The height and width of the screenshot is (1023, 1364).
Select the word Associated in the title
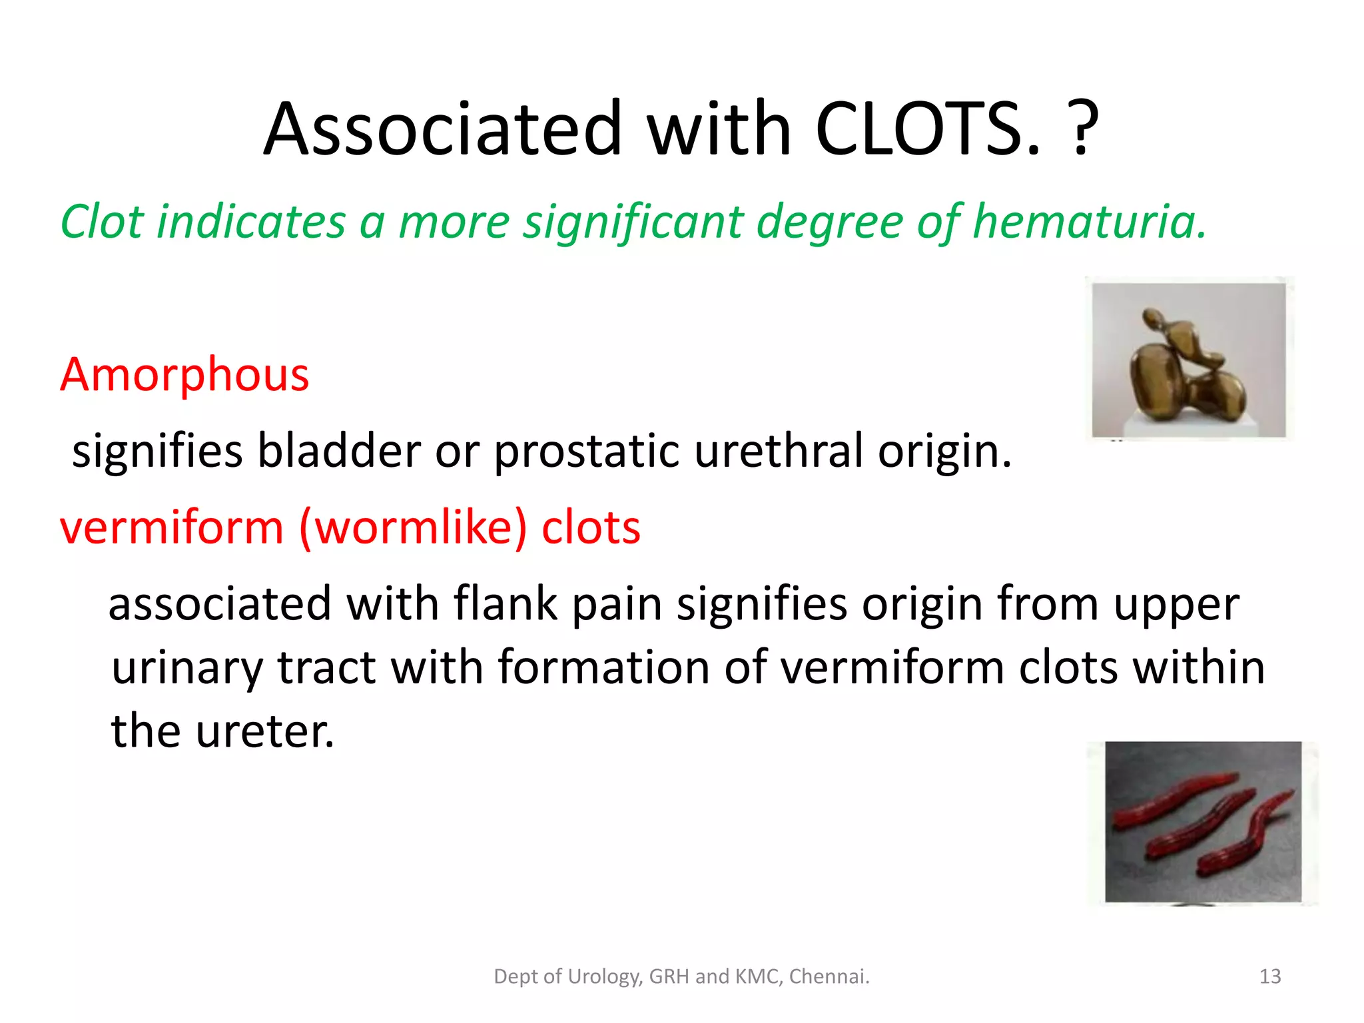pos(442,129)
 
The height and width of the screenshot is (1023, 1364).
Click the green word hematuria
pos(1089,222)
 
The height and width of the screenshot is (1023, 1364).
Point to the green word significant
pos(633,222)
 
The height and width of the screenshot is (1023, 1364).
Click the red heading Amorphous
pos(184,375)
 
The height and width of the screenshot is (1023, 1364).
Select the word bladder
pos(339,451)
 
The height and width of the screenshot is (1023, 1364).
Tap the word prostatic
pos(586,451)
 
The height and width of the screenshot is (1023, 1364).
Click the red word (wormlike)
pos(413,527)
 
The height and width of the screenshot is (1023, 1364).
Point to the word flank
pos(505,604)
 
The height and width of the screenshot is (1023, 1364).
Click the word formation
pos(603,667)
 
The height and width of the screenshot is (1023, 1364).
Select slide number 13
pos(1270,976)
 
